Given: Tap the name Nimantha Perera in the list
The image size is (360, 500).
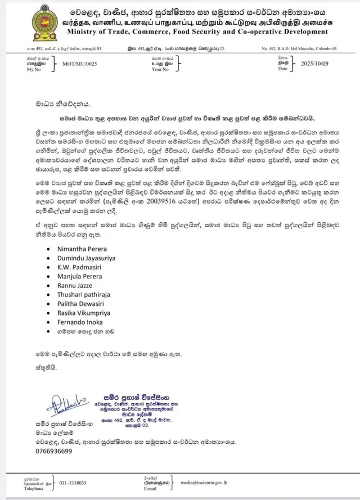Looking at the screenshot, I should pos(82,248).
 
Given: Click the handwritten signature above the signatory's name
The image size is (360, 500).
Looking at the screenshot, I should pos(66,403).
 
